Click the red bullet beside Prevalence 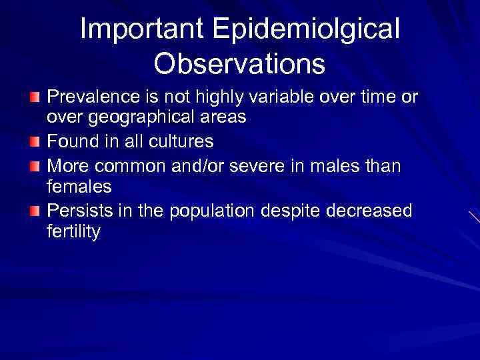pos(35,98)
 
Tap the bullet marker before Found pos(35,143)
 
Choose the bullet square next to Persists pos(35,211)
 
